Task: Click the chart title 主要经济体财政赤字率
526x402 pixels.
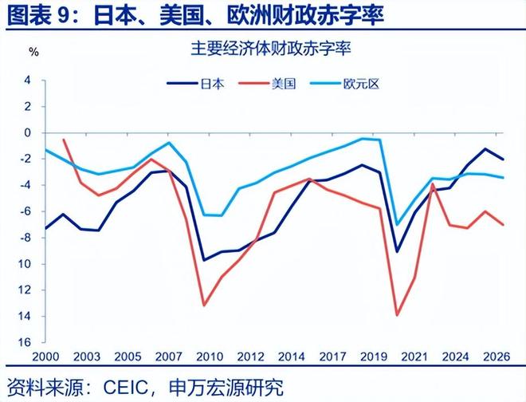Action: (x=262, y=49)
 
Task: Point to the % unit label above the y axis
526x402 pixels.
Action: (x=33, y=52)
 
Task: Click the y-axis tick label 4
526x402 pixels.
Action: (x=27, y=81)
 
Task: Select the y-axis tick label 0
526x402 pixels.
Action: (x=27, y=133)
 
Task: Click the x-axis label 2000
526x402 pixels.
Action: (x=46, y=356)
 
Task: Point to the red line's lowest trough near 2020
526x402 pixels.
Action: (x=397, y=315)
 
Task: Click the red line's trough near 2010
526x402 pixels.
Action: (x=204, y=305)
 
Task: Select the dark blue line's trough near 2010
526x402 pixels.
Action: (x=204, y=260)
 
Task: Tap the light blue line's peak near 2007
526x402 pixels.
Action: (x=169, y=143)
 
